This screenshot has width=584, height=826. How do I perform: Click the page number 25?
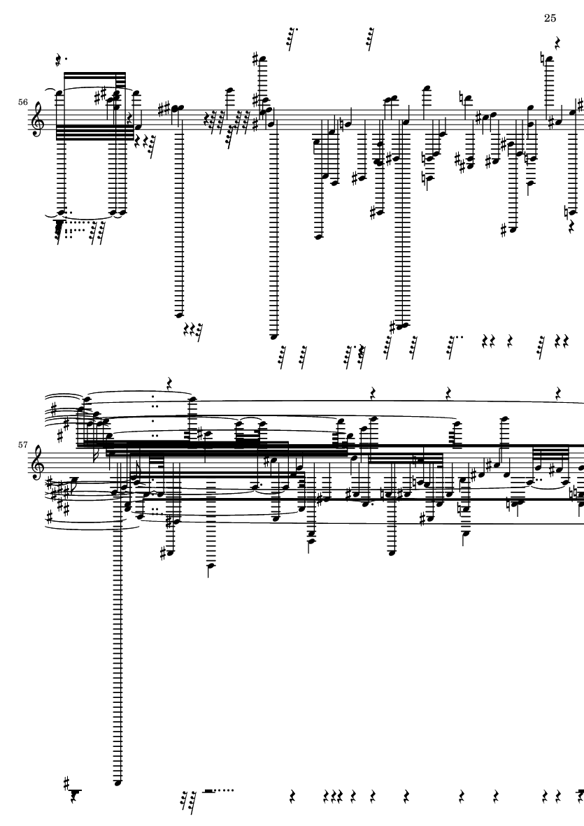[549, 18]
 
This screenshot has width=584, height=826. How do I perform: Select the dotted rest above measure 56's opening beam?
[59, 62]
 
